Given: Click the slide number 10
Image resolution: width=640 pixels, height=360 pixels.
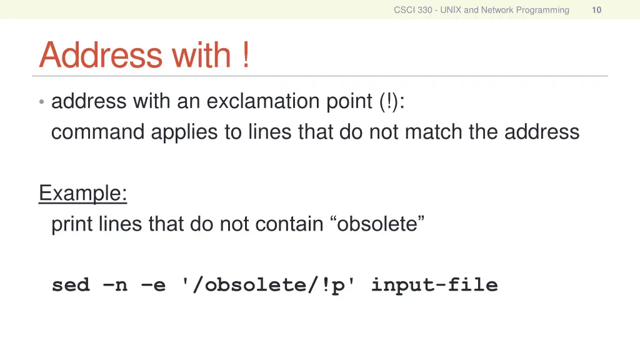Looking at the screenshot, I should pos(596,9).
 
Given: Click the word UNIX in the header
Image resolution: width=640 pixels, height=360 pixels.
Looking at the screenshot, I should pos(451,9).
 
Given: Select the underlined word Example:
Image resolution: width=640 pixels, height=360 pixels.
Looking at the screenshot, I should pos(83,193).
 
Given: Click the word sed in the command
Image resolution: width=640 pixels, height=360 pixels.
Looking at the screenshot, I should pos(71,285).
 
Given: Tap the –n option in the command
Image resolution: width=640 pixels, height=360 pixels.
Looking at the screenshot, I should pos(114,285).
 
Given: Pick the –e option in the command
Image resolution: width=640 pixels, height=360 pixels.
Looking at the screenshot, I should pos(154,285).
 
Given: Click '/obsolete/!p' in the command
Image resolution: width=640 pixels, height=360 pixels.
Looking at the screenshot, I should pos(269,285).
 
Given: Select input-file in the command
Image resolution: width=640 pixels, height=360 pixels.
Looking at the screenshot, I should pos(434,285).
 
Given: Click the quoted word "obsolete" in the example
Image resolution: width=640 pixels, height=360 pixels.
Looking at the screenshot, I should pos(377,224).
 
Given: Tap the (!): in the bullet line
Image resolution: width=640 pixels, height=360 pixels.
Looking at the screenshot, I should pos(391,101).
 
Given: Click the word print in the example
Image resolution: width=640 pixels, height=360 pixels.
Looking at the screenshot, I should pos(72,224).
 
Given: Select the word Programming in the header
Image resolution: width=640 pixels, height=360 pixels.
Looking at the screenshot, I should pos(542,9).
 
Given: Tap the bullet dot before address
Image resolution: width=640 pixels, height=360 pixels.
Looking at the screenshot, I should pos(41,102).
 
